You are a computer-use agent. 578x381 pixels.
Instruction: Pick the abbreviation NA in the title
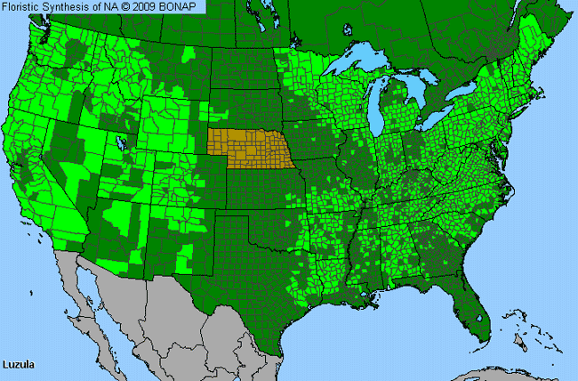tap(112, 7)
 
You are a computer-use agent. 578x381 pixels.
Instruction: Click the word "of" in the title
tap(97, 7)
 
